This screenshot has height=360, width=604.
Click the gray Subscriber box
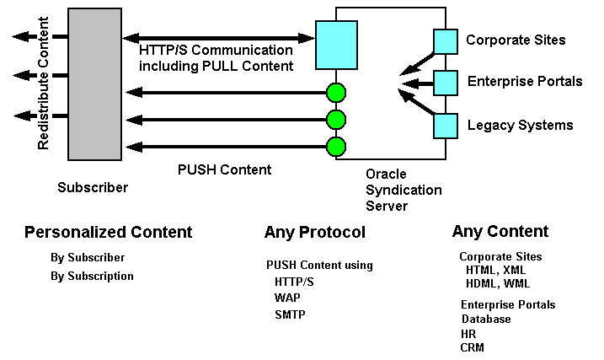[94, 84]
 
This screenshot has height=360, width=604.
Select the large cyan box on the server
[336, 45]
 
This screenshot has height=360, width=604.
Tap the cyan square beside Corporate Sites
[445, 40]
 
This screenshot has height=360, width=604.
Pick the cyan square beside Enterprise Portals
[445, 83]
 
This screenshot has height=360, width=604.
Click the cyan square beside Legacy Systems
[445, 126]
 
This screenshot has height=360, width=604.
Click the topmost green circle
[336, 91]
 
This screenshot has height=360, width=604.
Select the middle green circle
[336, 119]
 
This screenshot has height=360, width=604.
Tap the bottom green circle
[336, 147]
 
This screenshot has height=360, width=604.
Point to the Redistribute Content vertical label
[44, 83]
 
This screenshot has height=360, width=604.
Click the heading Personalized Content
[108, 233]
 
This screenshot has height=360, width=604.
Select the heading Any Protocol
[314, 233]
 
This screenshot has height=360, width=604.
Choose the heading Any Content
[500, 232]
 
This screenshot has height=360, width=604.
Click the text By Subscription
[92, 276]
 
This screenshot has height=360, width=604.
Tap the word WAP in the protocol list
[287, 298]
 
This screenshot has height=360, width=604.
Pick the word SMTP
[290, 314]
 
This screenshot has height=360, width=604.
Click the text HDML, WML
[498, 283]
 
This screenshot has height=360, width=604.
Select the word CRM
[472, 347]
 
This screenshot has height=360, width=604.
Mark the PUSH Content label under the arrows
[224, 169]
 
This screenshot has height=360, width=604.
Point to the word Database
[486, 320]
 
